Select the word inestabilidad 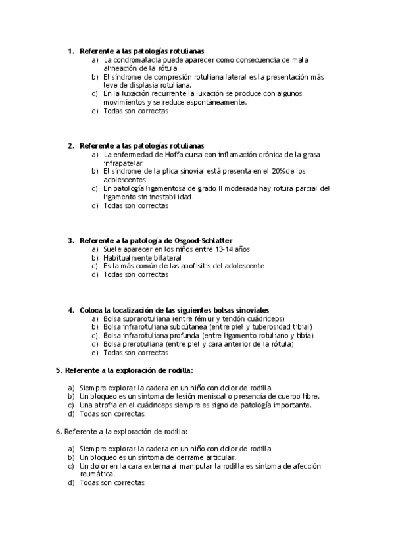pyautogui.click(x=170, y=197)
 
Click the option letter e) pyautogui.click(x=95, y=353)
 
